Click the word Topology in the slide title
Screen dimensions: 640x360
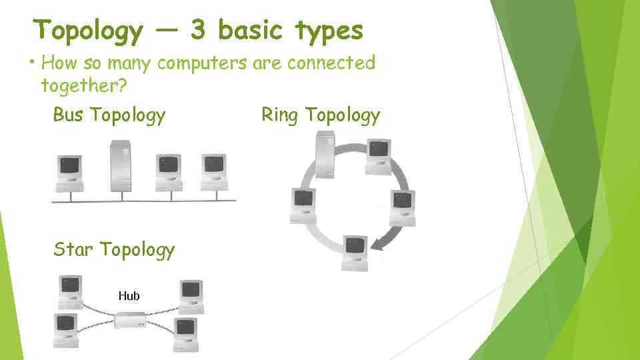[x=88, y=31]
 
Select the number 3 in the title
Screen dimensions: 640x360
[x=198, y=30]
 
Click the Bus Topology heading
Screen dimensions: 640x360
[x=109, y=115]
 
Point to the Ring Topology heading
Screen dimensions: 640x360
[x=321, y=115]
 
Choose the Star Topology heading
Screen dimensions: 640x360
[x=114, y=249]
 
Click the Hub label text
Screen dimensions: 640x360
[x=129, y=295]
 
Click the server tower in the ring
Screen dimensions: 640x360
[x=325, y=154]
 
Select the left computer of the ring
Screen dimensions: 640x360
[x=303, y=205]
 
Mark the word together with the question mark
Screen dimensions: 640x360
[x=83, y=85]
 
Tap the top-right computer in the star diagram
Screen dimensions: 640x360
[x=191, y=296]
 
